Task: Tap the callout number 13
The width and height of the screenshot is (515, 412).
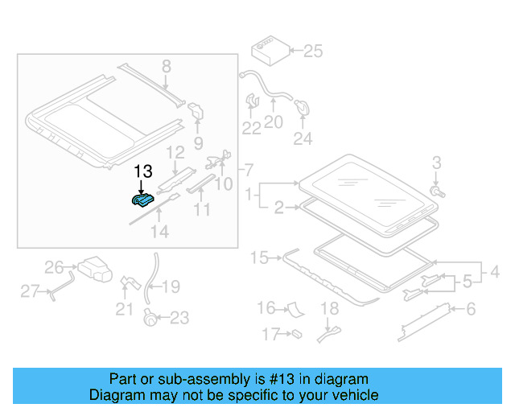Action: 142,171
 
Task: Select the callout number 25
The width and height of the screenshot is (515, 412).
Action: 312,52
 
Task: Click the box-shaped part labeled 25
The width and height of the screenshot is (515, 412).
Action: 269,51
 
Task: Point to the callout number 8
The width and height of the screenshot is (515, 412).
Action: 166,66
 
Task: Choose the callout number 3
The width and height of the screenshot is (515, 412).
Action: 437,163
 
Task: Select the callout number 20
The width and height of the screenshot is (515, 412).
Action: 274,122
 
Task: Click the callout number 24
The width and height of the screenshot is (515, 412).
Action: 302,139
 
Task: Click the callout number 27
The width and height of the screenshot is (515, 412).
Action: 30,291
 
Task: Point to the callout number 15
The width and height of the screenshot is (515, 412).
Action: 259,257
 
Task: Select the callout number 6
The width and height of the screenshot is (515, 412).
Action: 472,308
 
